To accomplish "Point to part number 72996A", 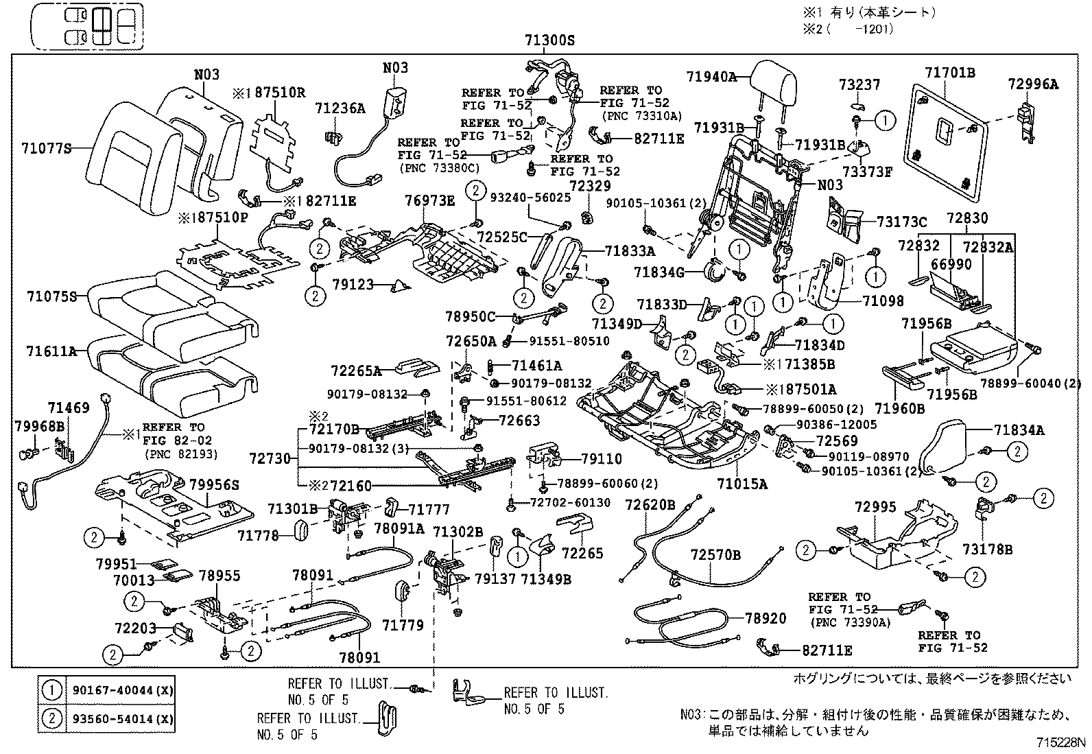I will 1033,84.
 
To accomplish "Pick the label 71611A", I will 51,351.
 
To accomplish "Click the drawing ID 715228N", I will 1062,743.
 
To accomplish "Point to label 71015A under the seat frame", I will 742,484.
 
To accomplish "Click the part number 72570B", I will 715,554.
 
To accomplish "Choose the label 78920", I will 765,618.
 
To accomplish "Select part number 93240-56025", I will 530,197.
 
